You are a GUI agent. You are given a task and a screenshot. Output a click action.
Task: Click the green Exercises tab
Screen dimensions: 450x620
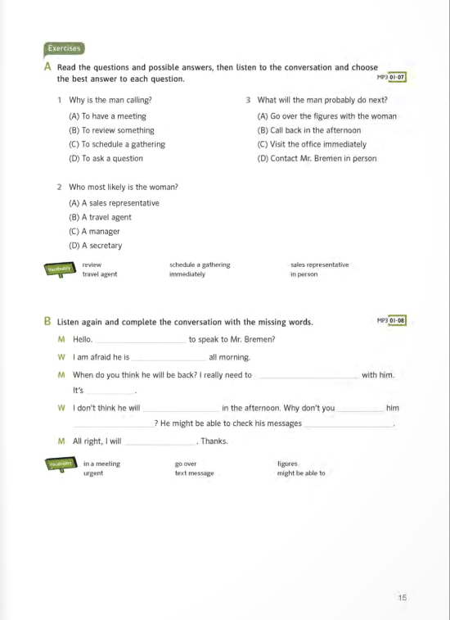(x=65, y=48)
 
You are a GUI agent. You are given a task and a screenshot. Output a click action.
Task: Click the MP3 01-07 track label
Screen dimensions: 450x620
(x=391, y=77)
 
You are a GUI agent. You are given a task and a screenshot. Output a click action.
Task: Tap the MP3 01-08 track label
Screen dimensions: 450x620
(x=391, y=320)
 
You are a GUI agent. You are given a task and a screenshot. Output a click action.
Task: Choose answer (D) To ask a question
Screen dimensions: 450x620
(x=106, y=159)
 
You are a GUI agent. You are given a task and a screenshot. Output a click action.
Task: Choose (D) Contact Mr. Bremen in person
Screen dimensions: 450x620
(x=317, y=159)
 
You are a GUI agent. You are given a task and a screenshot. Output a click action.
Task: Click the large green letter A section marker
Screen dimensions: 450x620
(x=49, y=67)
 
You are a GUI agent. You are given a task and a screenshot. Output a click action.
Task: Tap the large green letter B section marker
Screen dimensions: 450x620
(x=48, y=322)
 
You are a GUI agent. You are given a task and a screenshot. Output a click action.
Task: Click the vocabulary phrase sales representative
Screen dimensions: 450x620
(x=319, y=265)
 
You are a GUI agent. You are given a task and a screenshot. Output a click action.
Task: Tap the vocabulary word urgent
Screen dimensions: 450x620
(x=92, y=473)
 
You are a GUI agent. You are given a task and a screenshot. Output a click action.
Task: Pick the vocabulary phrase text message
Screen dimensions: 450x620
(x=194, y=473)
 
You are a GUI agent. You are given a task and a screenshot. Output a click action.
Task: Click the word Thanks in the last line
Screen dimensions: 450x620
(x=214, y=441)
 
